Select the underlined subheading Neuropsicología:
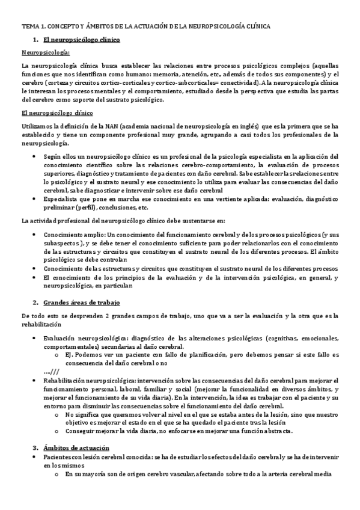coord(45,52)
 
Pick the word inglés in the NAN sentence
coord(247,127)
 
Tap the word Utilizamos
coord(36,127)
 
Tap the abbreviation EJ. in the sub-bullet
coord(70,355)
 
